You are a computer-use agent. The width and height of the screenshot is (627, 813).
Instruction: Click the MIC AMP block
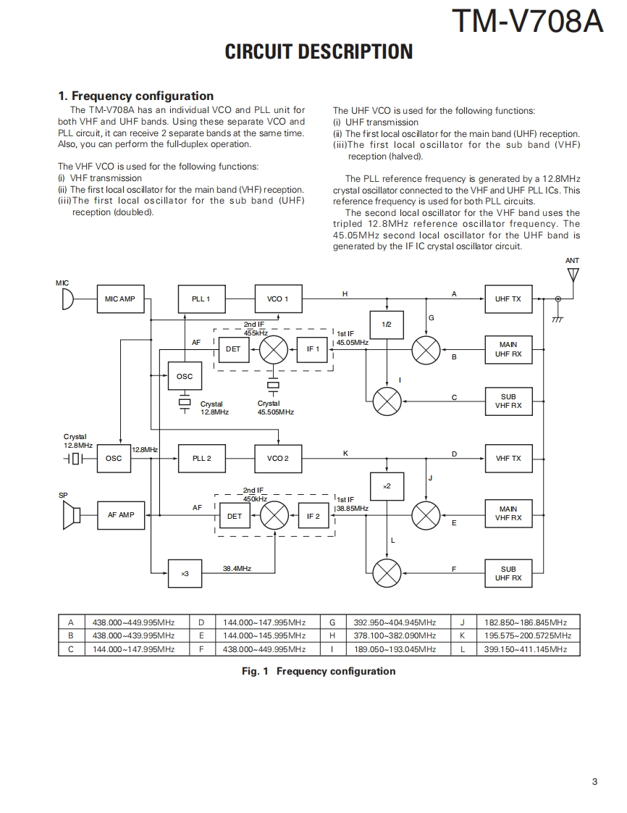[x=120, y=299]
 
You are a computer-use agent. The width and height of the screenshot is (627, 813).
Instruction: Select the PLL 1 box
[x=201, y=299]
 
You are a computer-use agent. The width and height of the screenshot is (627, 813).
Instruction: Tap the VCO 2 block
[x=278, y=458]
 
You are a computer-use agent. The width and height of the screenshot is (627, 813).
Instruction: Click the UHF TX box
[x=508, y=299]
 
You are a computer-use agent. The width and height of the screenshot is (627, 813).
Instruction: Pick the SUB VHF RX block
[x=508, y=401]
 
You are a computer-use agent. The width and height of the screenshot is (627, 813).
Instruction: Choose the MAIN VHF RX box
[x=508, y=514]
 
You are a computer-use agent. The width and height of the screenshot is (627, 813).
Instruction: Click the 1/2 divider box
[x=387, y=324]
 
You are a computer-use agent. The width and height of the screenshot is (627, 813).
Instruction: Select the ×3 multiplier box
[x=185, y=573]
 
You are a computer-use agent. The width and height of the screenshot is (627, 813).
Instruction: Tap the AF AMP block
[x=121, y=515]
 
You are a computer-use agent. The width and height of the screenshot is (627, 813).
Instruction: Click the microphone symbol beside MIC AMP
[x=67, y=299]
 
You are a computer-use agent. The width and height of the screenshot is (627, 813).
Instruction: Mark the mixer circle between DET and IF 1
[x=274, y=349]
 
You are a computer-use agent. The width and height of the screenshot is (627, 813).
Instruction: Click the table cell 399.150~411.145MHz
[x=526, y=649]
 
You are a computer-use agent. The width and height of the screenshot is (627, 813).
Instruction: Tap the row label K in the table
[x=462, y=635]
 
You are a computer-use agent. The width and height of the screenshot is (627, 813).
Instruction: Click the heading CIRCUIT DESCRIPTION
[x=319, y=51]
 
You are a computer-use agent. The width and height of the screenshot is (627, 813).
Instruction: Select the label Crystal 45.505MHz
[x=276, y=408]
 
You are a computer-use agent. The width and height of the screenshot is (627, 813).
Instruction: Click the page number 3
[x=594, y=781]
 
